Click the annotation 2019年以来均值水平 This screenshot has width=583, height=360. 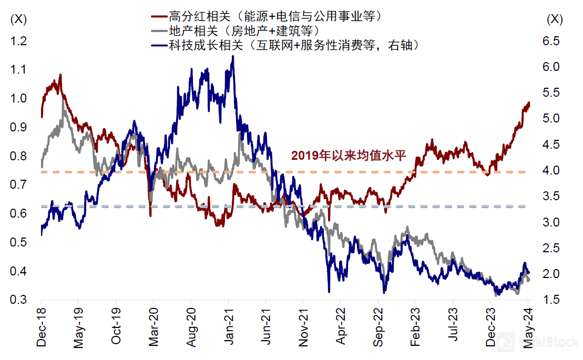pos(349,155)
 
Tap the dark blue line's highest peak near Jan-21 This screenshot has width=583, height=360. pos(233,56)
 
